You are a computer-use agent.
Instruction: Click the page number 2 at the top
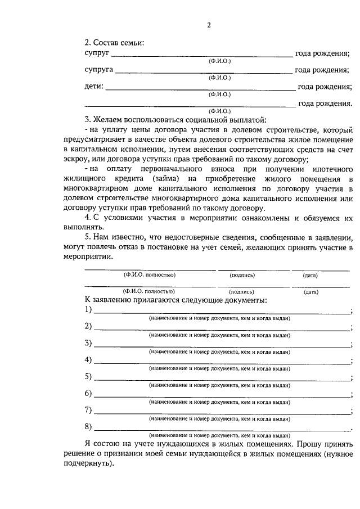[209, 25]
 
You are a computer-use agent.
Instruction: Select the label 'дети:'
[93, 87]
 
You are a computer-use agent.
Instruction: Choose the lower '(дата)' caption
[310, 292]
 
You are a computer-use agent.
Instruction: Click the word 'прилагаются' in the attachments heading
[152, 301]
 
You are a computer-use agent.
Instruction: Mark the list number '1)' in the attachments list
[88, 310]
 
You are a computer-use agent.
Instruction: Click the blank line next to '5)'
[222, 377]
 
